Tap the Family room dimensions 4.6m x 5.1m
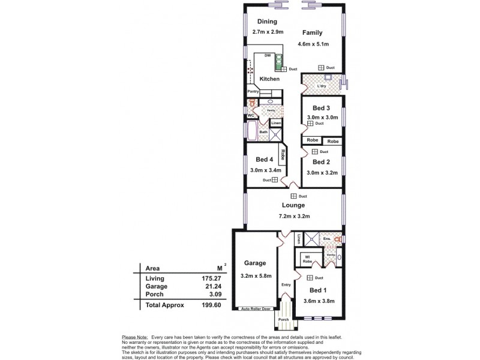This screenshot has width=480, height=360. (x=311, y=43)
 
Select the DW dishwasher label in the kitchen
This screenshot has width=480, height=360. (x=267, y=56)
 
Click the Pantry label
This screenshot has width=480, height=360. (x=253, y=91)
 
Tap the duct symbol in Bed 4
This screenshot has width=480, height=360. (x=274, y=179)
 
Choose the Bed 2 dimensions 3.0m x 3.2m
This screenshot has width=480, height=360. (x=323, y=172)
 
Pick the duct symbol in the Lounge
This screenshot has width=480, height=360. (x=294, y=196)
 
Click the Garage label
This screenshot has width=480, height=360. (x=255, y=263)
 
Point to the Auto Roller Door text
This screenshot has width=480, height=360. (x=256, y=309)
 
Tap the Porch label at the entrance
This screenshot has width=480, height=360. (x=283, y=319)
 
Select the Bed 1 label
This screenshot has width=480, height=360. (x=319, y=289)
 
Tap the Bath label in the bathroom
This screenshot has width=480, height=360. (x=263, y=131)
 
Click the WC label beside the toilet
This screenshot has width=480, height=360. (x=251, y=115)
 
